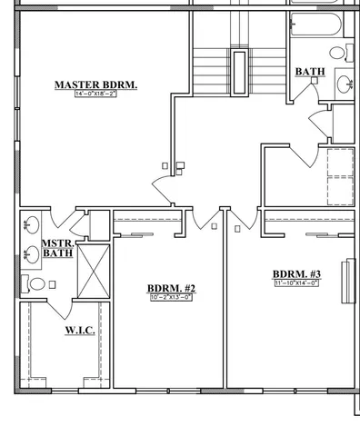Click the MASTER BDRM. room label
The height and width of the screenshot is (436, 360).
(x=95, y=84)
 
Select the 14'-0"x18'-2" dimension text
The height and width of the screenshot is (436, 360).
(x=95, y=94)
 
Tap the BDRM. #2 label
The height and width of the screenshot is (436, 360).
(x=171, y=289)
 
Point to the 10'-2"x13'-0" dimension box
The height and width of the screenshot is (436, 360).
(x=171, y=298)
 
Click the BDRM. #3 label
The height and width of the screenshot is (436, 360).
(x=296, y=273)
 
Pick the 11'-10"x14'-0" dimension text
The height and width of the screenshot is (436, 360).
(x=296, y=283)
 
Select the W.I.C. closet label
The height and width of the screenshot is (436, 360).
(x=79, y=331)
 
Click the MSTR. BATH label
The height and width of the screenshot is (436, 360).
(x=58, y=249)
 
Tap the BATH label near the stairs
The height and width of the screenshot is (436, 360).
(x=310, y=71)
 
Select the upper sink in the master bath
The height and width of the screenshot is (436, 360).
(x=31, y=223)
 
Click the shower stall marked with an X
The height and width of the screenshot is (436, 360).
(x=93, y=271)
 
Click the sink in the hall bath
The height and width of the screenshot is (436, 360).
(x=345, y=84)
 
